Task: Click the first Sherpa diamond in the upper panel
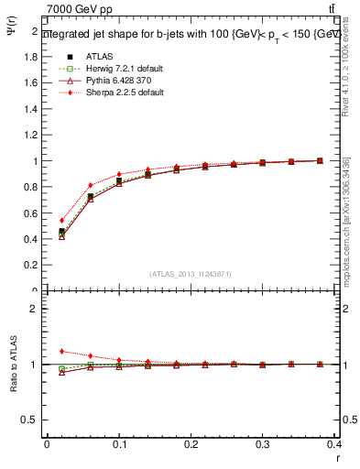61,220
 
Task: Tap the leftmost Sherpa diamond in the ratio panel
61,351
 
